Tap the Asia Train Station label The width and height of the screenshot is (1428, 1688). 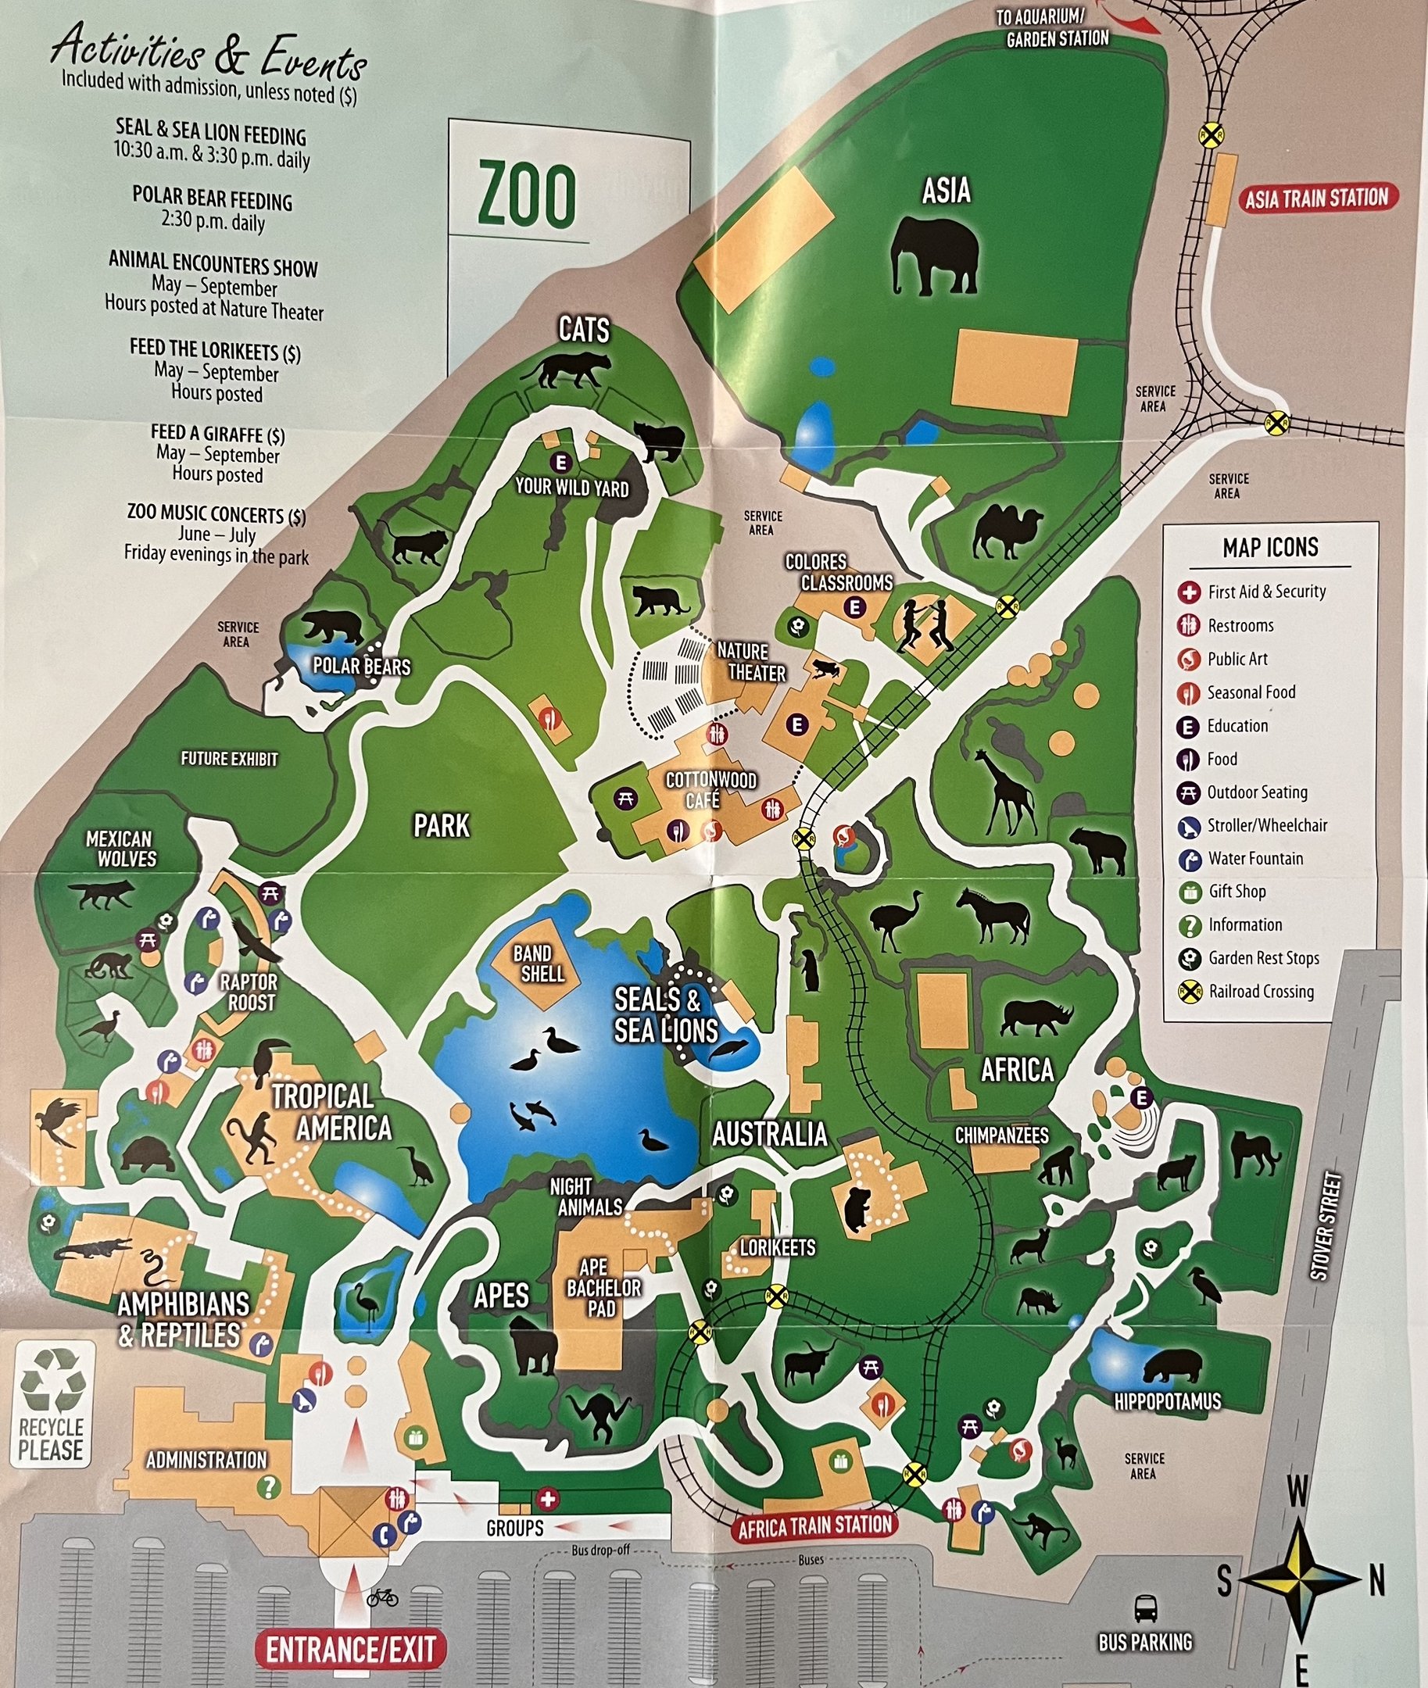tap(1315, 198)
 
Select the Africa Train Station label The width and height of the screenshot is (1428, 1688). tap(814, 1526)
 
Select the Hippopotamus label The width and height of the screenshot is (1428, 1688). tap(1168, 1401)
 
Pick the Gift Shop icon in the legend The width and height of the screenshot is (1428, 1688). tap(1188, 892)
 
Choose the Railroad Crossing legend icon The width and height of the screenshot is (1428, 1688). tap(1188, 992)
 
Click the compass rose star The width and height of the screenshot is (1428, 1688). tap(1300, 1579)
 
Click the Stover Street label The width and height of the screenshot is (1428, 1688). tap(1320, 1227)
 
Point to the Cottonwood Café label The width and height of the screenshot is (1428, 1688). tap(710, 790)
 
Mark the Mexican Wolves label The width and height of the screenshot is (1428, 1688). tap(119, 848)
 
